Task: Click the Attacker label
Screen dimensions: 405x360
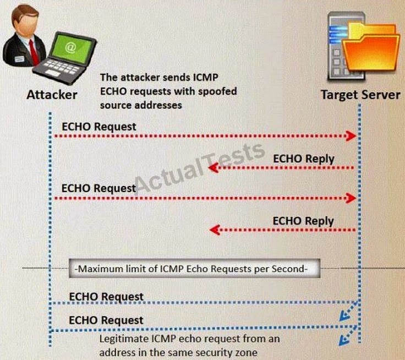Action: [52, 95]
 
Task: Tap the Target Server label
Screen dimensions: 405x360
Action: [361, 95]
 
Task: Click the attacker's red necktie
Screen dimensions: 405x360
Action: [34, 51]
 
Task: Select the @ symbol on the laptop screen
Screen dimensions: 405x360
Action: [70, 48]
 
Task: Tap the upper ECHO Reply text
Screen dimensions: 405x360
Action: [303, 159]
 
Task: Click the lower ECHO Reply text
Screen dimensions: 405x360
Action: [303, 221]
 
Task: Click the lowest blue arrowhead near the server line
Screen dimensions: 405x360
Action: [344, 340]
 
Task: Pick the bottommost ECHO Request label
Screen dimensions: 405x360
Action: [106, 320]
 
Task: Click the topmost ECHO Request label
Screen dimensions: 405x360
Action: [99, 126]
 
